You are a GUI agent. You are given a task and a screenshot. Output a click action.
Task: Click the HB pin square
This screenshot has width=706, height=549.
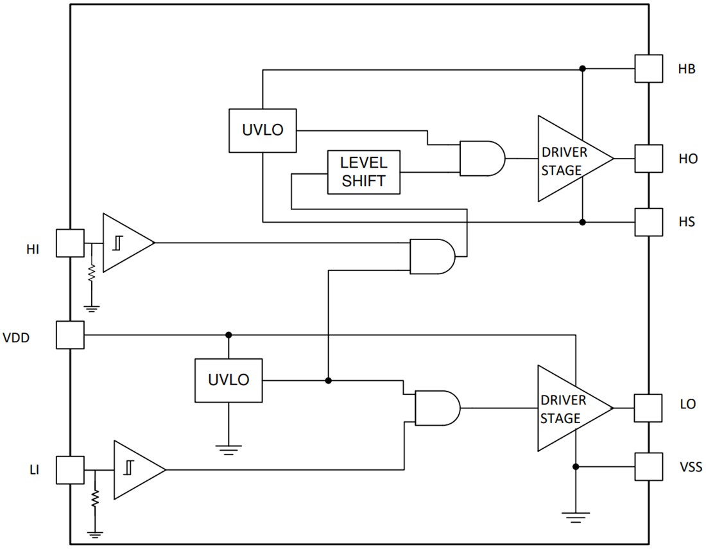(x=648, y=68)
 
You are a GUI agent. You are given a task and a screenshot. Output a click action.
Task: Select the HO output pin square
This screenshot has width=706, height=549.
(x=648, y=158)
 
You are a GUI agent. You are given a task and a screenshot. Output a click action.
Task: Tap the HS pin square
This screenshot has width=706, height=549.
(x=648, y=222)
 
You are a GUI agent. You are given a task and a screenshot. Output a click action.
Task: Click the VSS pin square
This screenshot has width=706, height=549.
(x=648, y=467)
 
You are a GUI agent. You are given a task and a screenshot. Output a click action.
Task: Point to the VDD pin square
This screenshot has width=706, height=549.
(x=70, y=335)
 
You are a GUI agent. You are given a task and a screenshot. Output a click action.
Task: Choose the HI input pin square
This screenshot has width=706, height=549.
(x=70, y=243)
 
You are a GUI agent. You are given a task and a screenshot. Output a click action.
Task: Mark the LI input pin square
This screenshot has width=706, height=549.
(x=70, y=470)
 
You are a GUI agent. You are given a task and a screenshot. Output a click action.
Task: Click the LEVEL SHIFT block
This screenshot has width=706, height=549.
(x=365, y=173)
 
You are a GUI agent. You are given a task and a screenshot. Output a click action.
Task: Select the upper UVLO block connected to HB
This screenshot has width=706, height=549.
(x=262, y=130)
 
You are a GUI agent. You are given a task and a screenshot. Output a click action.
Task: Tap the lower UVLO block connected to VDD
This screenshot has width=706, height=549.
(x=228, y=380)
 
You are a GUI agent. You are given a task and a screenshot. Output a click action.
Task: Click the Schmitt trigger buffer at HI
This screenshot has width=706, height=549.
(x=125, y=243)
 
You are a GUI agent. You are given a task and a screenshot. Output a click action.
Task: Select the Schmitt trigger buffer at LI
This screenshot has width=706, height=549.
(x=136, y=470)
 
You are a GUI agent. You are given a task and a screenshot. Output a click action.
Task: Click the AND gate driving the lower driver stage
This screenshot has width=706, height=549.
(x=437, y=408)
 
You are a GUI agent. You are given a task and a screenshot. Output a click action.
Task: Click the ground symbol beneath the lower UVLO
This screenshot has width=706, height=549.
(x=228, y=449)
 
